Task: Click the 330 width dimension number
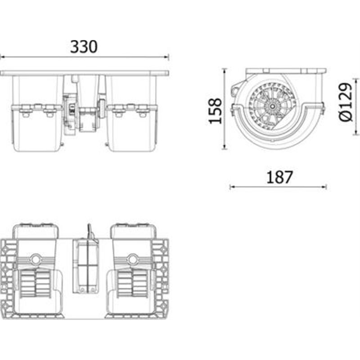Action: [84, 47]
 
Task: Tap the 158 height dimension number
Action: [216, 110]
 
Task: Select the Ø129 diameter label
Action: [345, 102]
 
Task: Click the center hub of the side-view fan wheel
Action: [272, 106]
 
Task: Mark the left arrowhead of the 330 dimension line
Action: [2, 57]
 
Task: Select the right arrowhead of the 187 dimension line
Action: [324, 187]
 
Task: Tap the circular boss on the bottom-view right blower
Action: [132, 259]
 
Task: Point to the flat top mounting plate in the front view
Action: [85, 72]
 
